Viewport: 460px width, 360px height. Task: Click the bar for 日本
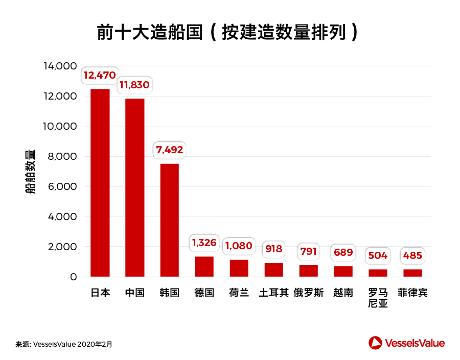click(x=100, y=183)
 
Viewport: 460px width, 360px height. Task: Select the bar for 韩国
click(x=170, y=220)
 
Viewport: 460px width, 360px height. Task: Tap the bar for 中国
click(x=135, y=187)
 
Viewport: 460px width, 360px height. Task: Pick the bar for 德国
click(x=204, y=267)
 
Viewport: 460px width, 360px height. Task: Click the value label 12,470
click(x=100, y=76)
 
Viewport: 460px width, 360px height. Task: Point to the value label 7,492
click(x=169, y=150)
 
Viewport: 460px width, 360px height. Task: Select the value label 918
click(x=273, y=250)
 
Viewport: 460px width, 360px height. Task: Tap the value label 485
click(x=412, y=255)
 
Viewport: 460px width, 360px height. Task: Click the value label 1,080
click(x=239, y=246)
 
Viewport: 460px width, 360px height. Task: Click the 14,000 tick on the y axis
click(x=60, y=66)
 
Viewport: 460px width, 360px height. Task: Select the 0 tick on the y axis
click(x=73, y=277)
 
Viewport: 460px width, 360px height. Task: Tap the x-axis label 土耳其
click(x=273, y=293)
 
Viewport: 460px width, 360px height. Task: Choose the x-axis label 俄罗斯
click(x=308, y=293)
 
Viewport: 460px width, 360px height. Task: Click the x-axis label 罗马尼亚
click(x=378, y=299)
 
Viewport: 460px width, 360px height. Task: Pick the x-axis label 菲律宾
click(x=412, y=293)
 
